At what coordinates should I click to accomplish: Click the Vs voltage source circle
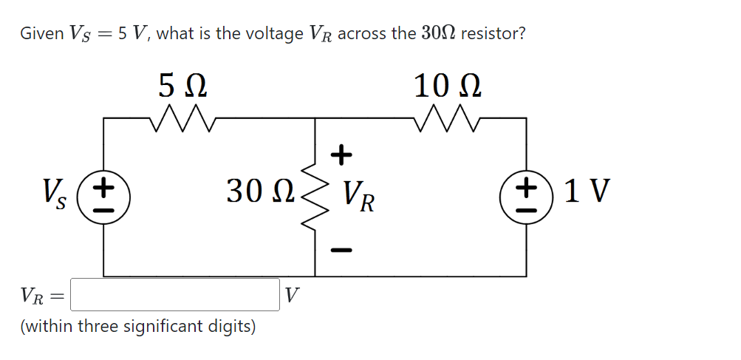click(105, 196)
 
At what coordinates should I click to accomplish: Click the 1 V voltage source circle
click(526, 196)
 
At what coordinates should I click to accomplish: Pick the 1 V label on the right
click(587, 191)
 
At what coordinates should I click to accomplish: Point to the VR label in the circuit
click(358, 196)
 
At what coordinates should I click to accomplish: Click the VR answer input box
click(174, 295)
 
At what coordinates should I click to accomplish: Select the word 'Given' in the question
click(41, 33)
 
